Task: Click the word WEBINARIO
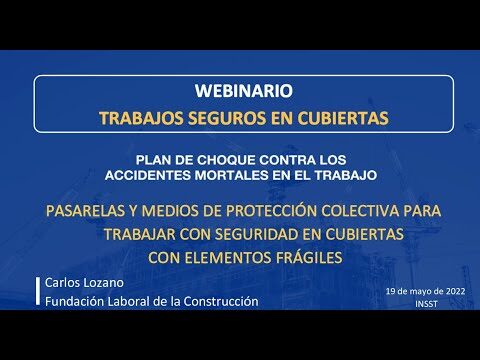point(244,91)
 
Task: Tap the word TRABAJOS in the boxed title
point(141,118)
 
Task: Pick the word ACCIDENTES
point(148,175)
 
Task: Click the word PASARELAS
point(86,211)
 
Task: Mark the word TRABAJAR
point(140,234)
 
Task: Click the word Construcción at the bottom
point(221,301)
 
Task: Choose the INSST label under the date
point(426,304)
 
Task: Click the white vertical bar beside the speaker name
point(38,291)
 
